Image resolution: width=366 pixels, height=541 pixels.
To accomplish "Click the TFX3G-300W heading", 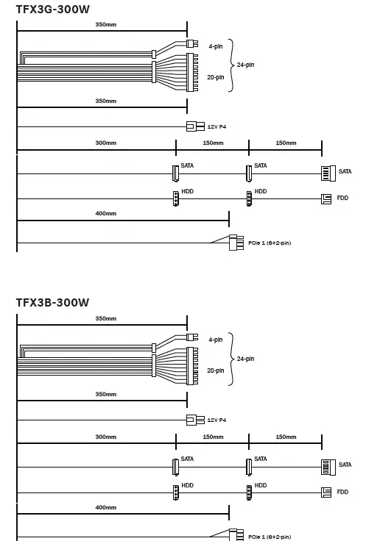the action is tap(52, 10).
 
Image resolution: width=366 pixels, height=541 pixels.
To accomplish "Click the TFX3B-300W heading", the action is tap(52, 303).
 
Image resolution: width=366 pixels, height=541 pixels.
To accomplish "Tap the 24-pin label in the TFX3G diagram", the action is tap(245, 65).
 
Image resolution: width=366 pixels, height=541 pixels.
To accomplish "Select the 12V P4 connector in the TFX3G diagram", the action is tap(195, 126).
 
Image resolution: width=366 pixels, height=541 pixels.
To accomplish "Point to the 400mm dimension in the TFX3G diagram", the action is tap(106, 214).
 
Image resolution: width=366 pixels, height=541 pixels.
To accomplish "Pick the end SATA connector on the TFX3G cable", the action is tap(328, 173).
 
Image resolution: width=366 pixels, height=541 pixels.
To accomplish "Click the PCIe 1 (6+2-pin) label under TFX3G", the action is tap(270, 243).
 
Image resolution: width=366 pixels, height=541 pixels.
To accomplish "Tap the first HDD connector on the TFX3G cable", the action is tap(176, 198).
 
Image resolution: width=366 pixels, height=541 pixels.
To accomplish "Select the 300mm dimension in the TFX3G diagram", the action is tap(106, 143).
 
